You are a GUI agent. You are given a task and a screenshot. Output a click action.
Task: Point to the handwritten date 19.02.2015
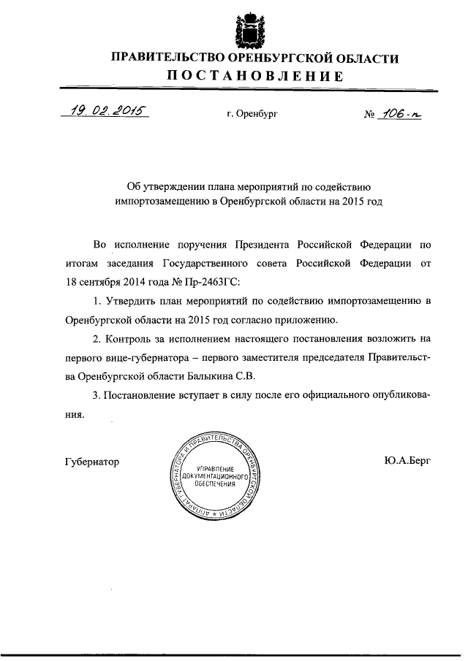click(105, 111)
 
